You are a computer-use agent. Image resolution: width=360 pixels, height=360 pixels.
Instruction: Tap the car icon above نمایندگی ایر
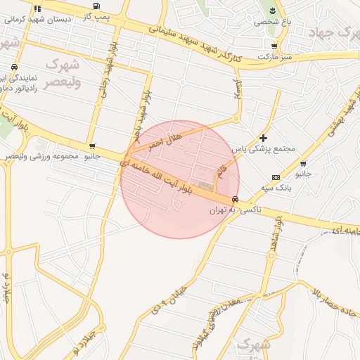(14, 67)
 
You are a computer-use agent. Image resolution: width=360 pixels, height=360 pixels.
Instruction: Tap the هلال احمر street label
(165, 141)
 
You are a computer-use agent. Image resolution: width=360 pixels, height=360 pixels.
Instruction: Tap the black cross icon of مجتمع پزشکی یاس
(264, 139)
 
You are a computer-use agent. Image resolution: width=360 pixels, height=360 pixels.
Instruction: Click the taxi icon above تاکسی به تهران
(234, 199)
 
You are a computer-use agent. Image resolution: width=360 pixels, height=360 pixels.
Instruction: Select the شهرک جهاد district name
(335, 32)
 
